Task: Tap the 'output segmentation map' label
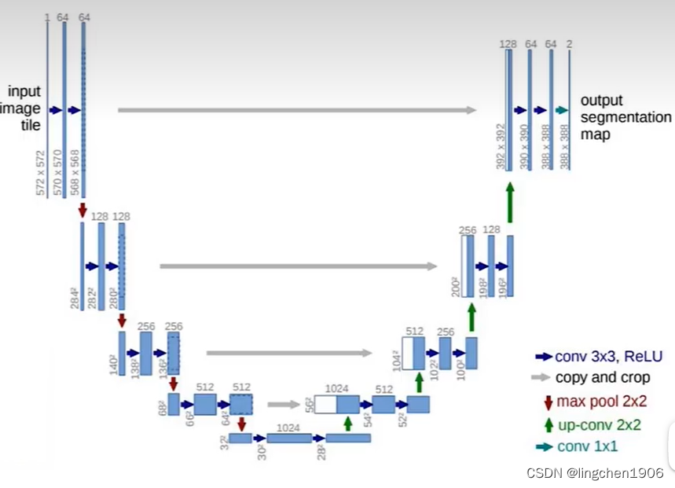[x=625, y=117]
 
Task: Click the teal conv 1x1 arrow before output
[x=561, y=110]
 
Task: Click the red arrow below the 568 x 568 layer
[x=83, y=210]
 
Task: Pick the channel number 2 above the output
[x=569, y=44]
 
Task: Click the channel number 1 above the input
[x=47, y=17]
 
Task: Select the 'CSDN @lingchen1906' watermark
[x=595, y=472]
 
